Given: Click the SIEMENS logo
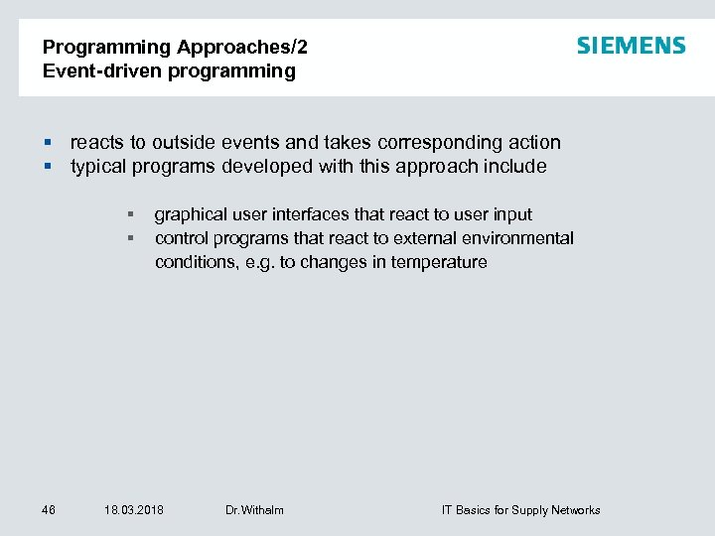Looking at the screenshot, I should pyautogui.click(x=631, y=46).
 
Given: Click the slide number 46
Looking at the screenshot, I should pyautogui.click(x=49, y=510).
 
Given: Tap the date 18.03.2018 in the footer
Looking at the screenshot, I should pyautogui.click(x=134, y=510).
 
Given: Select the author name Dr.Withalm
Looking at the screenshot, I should pyautogui.click(x=254, y=510).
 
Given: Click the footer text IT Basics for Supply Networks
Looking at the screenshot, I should pyautogui.click(x=520, y=510).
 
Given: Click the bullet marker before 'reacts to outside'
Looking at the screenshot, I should pyautogui.click(x=47, y=143).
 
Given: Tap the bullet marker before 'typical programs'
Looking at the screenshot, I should pyautogui.click(x=47, y=167).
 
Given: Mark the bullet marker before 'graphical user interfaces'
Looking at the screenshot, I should pyautogui.click(x=130, y=214).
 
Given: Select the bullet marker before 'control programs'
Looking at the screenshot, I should pyautogui.click(x=130, y=238).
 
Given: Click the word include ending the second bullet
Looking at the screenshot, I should pyautogui.click(x=514, y=167).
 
